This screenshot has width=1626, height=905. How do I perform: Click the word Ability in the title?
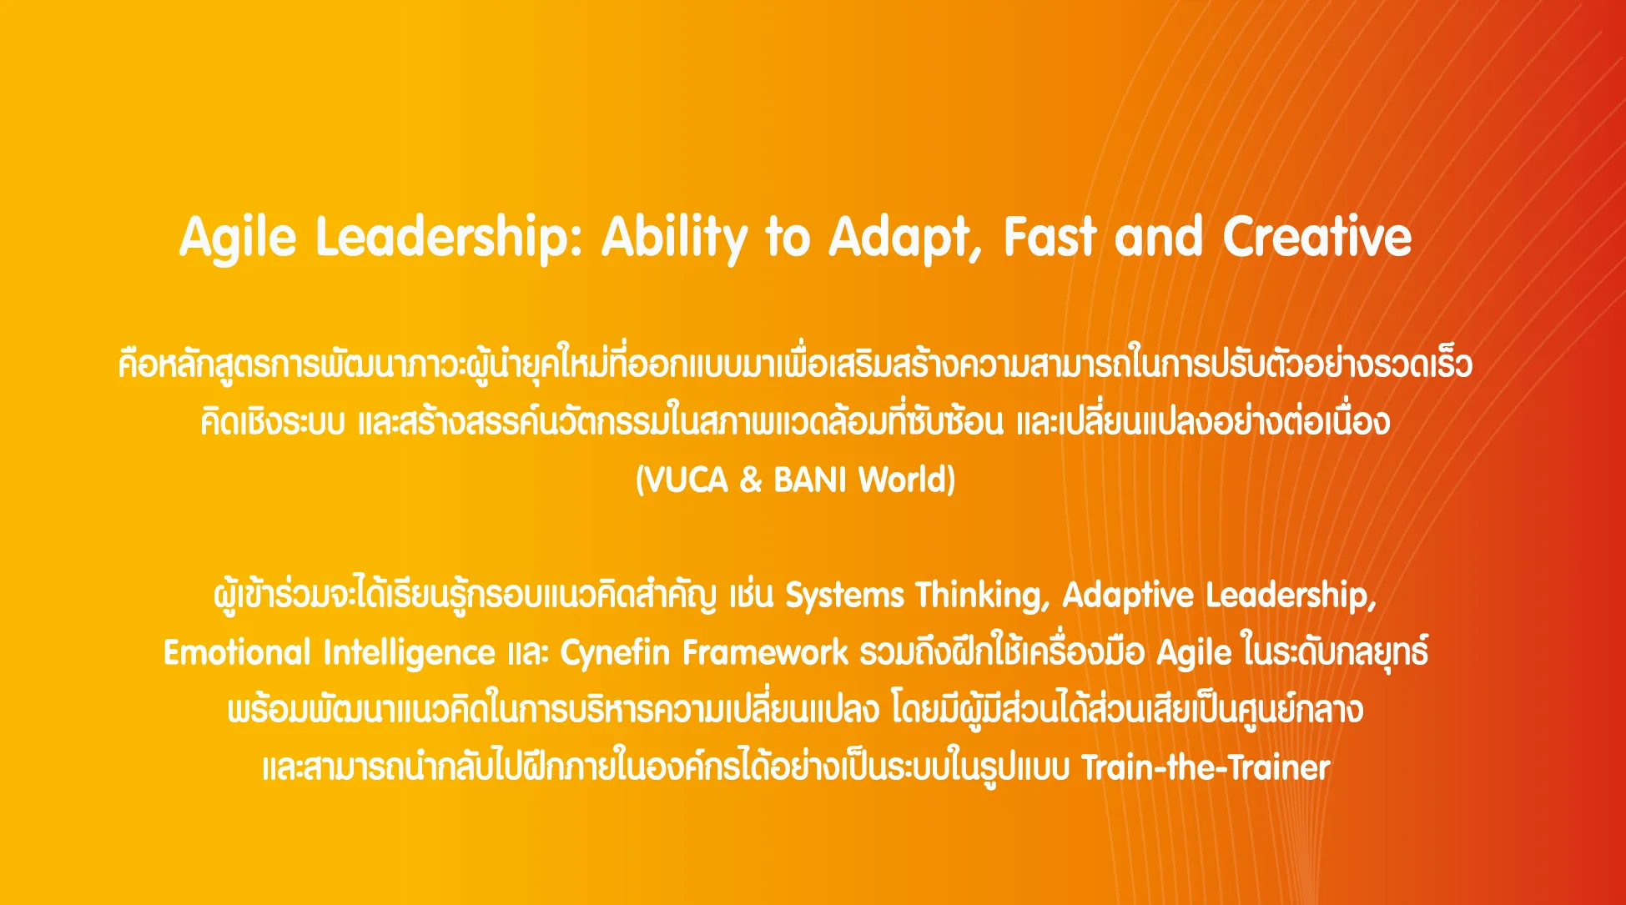tap(673, 238)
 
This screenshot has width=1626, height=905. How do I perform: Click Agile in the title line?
tap(238, 239)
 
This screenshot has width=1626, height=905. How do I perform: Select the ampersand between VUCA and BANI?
tap(751, 480)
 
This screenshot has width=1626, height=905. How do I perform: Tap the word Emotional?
tap(236, 652)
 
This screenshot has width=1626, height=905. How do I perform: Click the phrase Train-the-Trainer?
tap(1206, 767)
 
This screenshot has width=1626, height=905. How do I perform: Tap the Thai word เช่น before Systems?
tap(752, 596)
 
